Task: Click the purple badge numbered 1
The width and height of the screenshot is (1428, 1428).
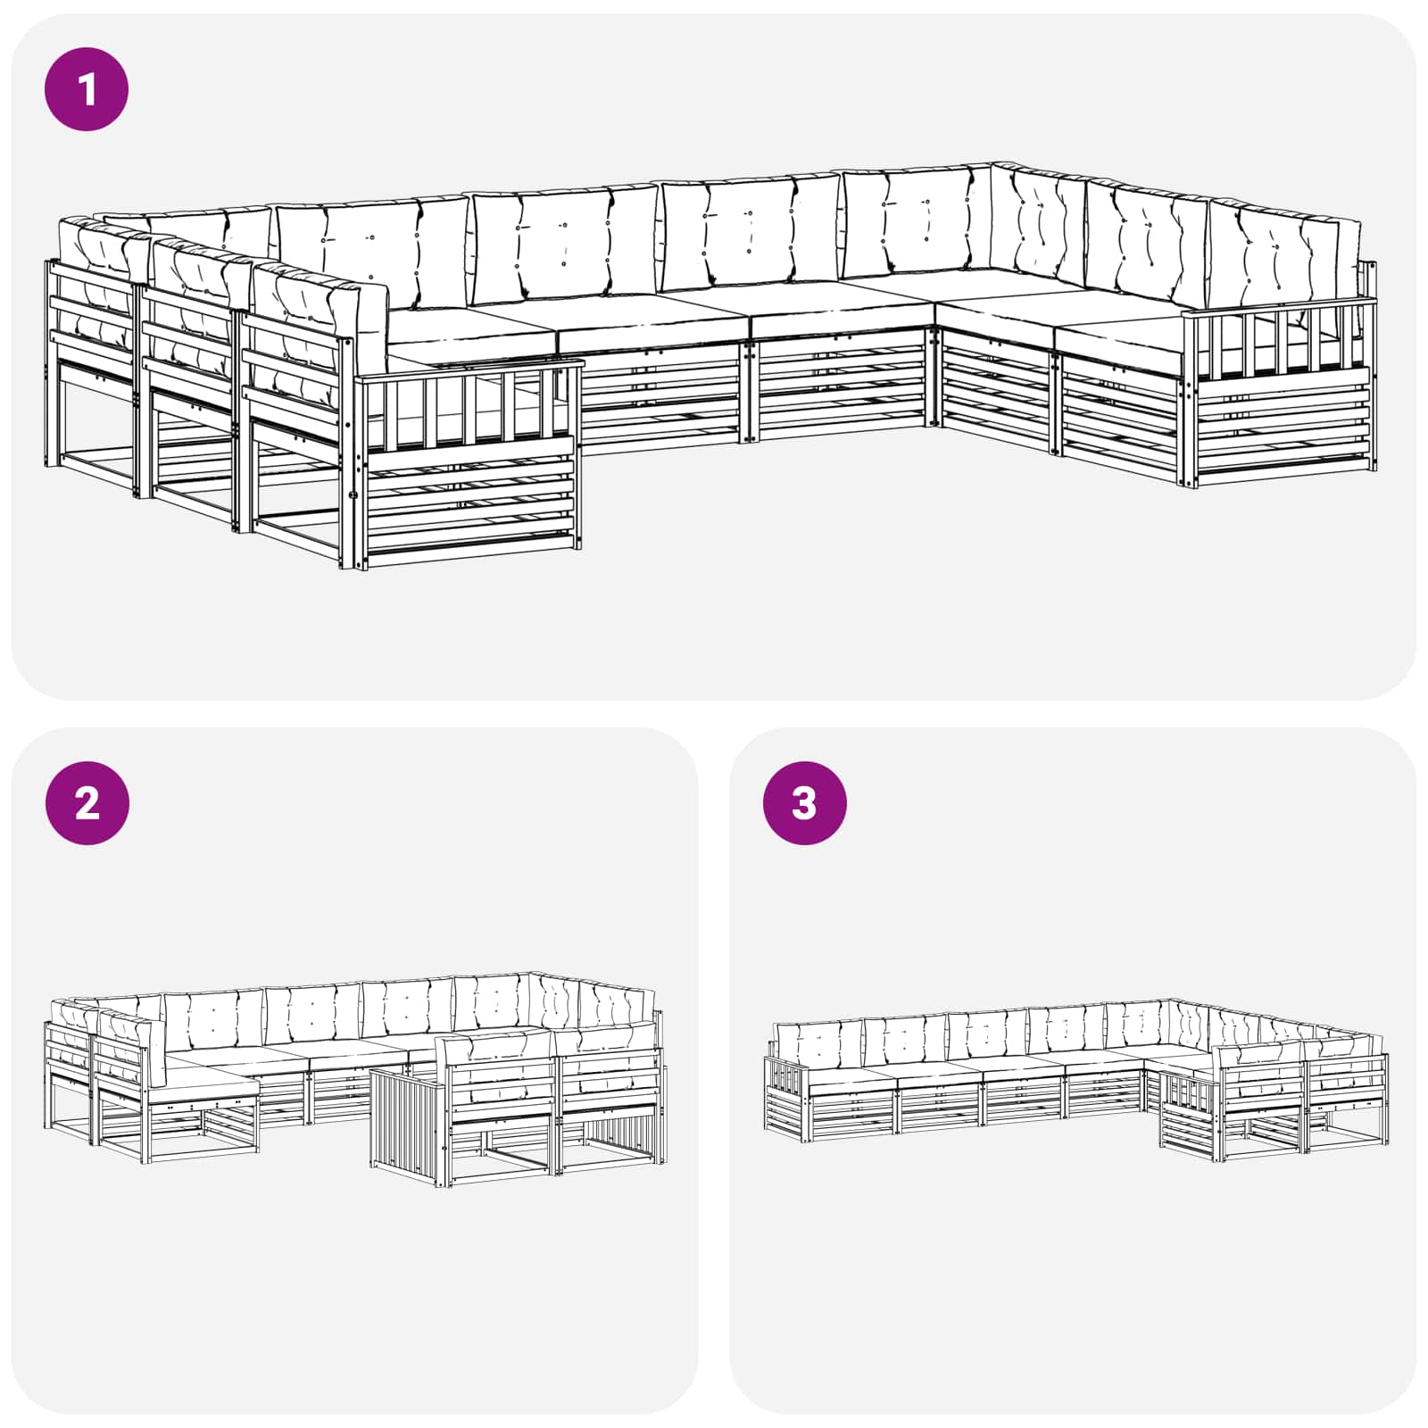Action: [87, 89]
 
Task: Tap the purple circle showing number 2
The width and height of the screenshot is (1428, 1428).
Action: [87, 802]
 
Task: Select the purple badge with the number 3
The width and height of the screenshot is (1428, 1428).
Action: [804, 802]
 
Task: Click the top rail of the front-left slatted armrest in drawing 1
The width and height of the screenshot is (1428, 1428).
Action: [469, 368]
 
